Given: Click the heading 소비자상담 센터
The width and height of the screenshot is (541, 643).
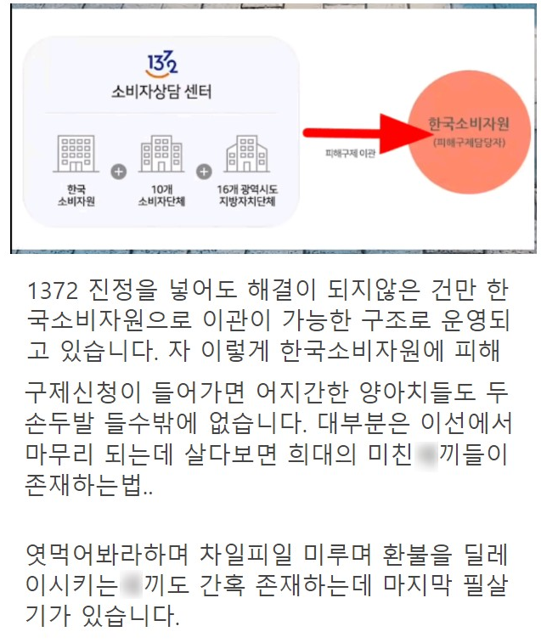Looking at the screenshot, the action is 161,91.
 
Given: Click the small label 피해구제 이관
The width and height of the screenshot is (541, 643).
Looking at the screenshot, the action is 350,152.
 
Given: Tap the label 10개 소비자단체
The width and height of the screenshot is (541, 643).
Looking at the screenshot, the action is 161,195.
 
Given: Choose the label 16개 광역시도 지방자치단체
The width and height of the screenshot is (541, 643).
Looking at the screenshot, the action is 246,195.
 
